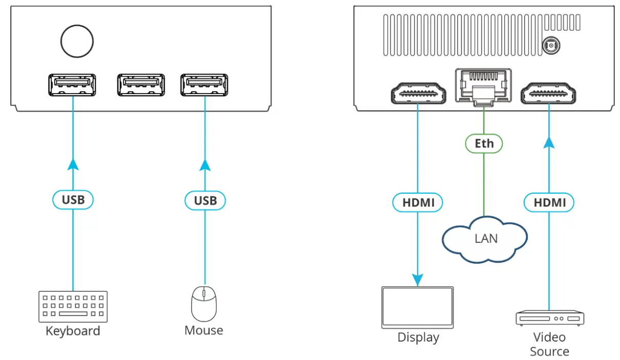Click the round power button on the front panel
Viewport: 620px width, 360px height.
(x=77, y=41)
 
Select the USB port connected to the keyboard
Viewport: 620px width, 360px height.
(x=72, y=85)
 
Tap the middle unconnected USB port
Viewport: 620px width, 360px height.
(x=141, y=85)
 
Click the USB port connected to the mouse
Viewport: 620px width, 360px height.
(x=204, y=85)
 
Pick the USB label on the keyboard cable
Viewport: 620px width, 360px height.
(x=73, y=200)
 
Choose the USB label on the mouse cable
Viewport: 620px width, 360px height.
(x=205, y=200)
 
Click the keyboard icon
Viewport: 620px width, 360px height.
(x=73, y=306)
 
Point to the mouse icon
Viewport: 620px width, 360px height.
(x=203, y=303)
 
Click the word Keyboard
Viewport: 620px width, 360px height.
(x=73, y=331)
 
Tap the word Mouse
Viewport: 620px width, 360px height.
(x=203, y=331)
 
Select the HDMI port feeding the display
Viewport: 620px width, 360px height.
(x=418, y=93)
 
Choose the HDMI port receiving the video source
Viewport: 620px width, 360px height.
(x=548, y=93)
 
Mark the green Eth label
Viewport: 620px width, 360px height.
(x=484, y=143)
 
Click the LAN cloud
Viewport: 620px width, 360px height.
(x=485, y=239)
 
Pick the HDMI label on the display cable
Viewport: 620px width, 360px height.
(x=418, y=203)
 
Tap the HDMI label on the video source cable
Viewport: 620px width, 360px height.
(x=549, y=203)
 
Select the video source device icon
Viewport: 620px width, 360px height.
(x=549, y=318)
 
